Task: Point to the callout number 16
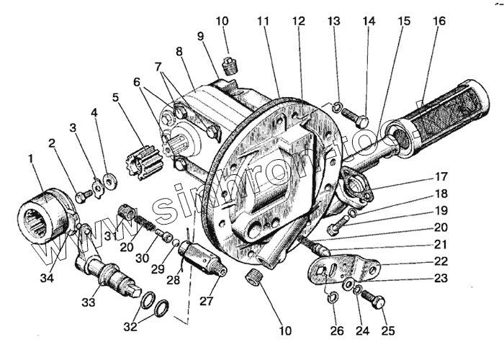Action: [438, 22]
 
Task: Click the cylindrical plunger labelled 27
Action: [202, 256]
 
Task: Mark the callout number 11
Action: [263, 22]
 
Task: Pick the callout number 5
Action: [115, 96]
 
